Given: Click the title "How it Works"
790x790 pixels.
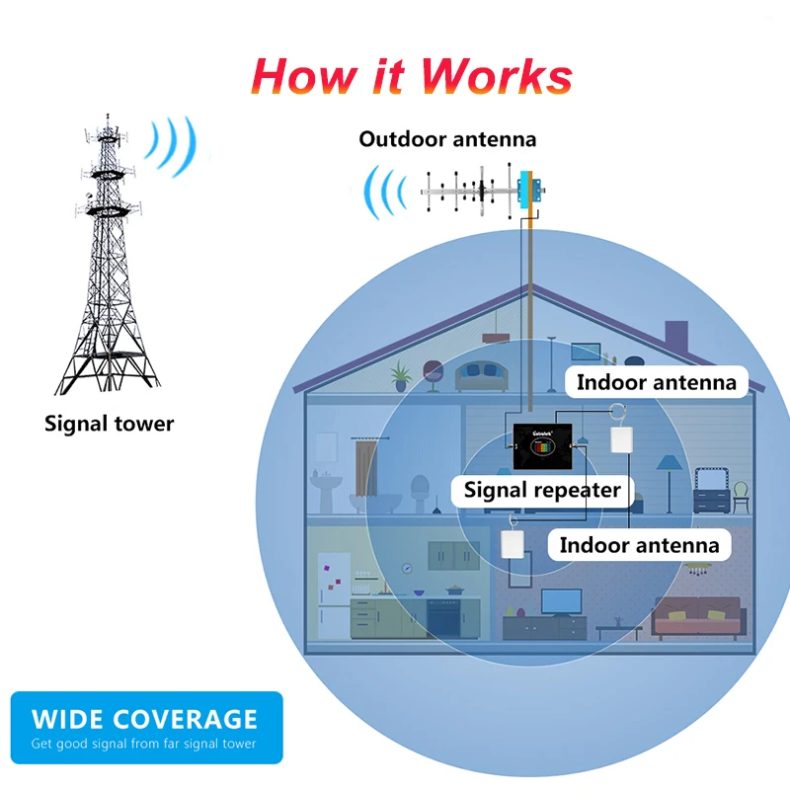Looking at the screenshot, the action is tap(412, 76).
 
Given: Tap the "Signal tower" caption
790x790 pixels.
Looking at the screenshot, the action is tap(109, 425).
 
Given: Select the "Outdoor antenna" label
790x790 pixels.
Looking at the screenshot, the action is tap(447, 139).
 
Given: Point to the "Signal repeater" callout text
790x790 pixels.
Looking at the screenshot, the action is tap(542, 490).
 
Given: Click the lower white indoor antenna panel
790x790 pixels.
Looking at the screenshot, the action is tap(512, 546).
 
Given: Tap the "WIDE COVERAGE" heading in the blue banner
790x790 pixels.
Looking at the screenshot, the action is tap(144, 719).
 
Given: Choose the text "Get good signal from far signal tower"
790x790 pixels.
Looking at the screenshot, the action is tap(144, 744).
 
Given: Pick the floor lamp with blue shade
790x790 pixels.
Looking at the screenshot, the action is tap(669, 475).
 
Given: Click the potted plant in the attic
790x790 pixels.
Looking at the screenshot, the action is tap(400, 374).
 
